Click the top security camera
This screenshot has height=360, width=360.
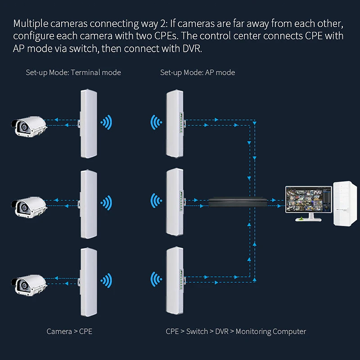pos(28,125)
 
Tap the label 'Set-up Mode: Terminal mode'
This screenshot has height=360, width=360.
pos(73,72)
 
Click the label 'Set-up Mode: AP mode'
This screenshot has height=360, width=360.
pos(198,72)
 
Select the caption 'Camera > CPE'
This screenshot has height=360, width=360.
pos(70,332)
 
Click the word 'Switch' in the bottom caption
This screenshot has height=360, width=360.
pos(197,332)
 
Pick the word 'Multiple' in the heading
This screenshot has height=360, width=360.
pos(30,23)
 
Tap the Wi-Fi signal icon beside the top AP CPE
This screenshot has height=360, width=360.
pos(156,121)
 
